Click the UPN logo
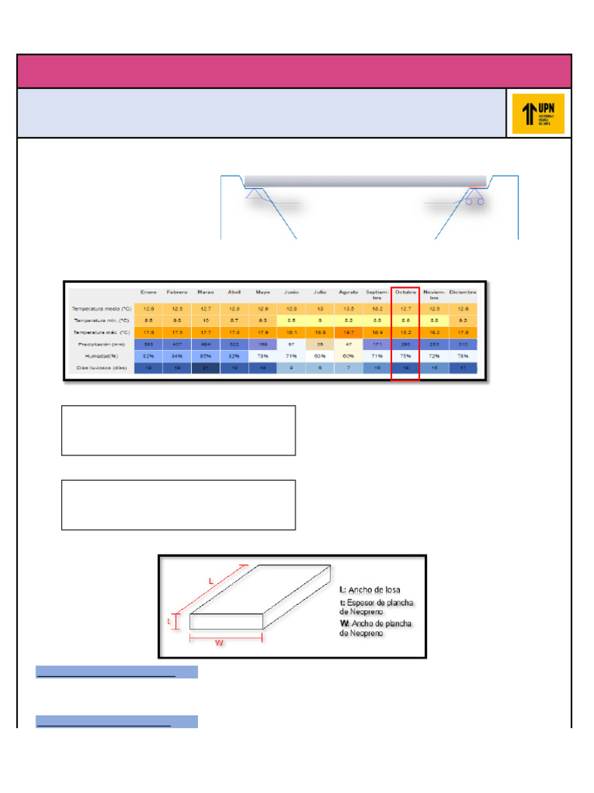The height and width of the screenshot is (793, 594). (x=538, y=114)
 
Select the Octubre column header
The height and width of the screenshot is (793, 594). (x=406, y=292)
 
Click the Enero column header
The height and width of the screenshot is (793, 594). (x=148, y=292)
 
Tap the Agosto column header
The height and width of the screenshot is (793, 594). (x=348, y=292)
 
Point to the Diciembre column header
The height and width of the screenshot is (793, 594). (x=463, y=292)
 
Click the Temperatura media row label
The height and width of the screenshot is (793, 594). (x=101, y=308)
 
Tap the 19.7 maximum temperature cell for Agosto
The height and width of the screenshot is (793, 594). (x=348, y=331)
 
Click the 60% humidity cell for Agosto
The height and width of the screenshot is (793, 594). (x=348, y=355)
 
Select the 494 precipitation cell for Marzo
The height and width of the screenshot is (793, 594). (x=205, y=344)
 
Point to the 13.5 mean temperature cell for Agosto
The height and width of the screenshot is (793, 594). (x=348, y=308)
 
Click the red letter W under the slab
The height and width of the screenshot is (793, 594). (x=219, y=644)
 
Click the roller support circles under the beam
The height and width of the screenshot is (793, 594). (x=475, y=201)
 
